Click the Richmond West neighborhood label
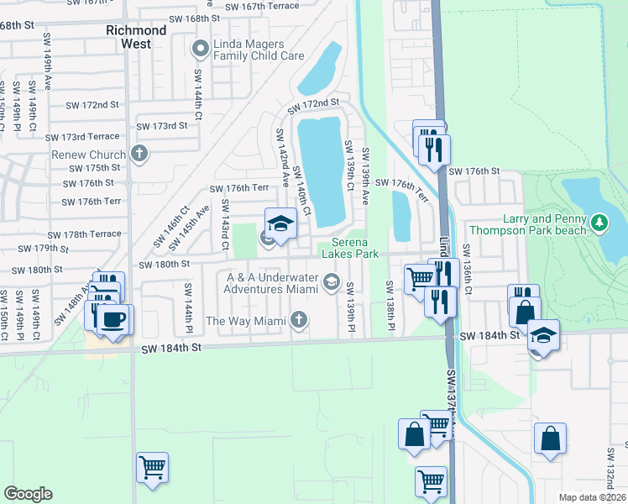click(x=136, y=36)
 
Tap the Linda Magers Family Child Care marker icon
click(x=200, y=50)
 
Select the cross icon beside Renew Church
click(x=139, y=154)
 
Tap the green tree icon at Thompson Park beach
click(x=599, y=223)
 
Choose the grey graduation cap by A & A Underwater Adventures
click(x=332, y=281)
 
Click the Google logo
click(x=27, y=494)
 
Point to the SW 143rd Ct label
click(x=224, y=225)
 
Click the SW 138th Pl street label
click(x=391, y=303)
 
